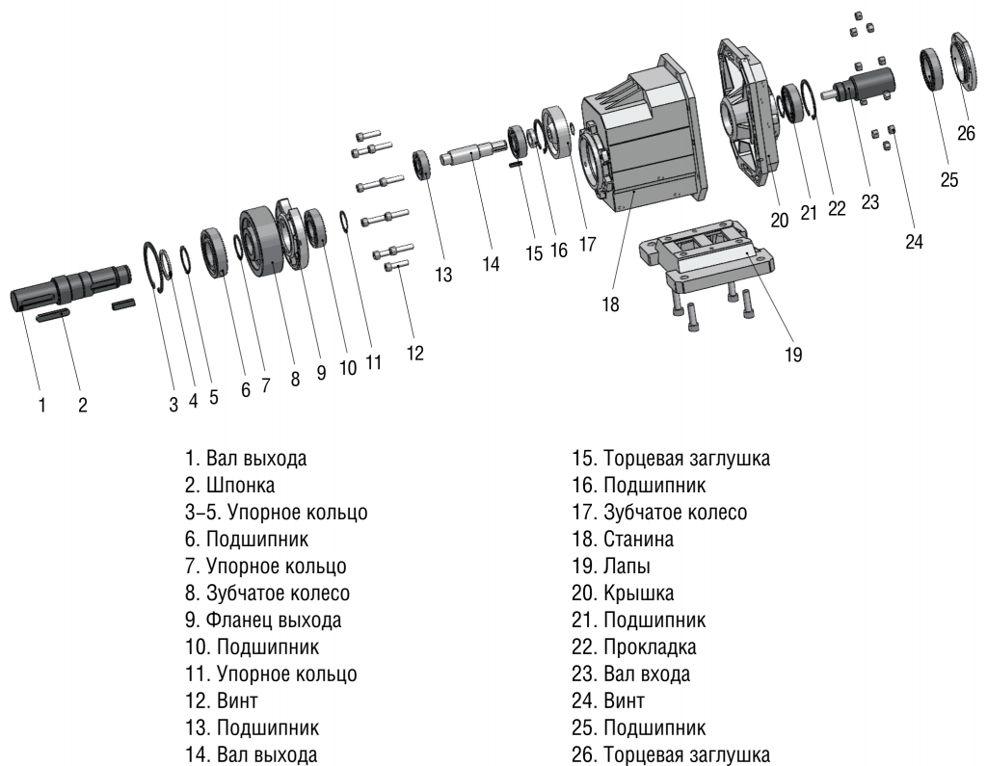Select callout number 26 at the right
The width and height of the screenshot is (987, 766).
click(x=967, y=133)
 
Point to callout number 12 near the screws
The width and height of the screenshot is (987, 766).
click(x=414, y=353)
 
